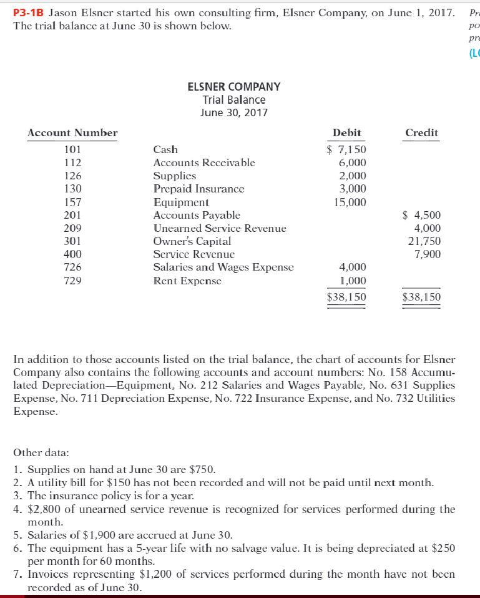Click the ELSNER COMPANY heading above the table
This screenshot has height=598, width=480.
point(234,87)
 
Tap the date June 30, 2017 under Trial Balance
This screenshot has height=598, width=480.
point(234,113)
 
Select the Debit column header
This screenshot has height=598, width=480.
point(347,132)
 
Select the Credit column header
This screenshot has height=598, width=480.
point(422,132)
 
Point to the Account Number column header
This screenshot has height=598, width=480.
point(72,132)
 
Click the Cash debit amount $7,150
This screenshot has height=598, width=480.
point(348,149)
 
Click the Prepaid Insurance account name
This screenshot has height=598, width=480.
point(199,189)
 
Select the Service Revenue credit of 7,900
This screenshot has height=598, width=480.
point(428,254)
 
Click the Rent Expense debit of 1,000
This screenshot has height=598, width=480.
point(353,281)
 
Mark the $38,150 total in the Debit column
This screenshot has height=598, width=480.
point(347,297)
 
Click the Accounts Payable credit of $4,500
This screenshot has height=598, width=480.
point(423,215)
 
